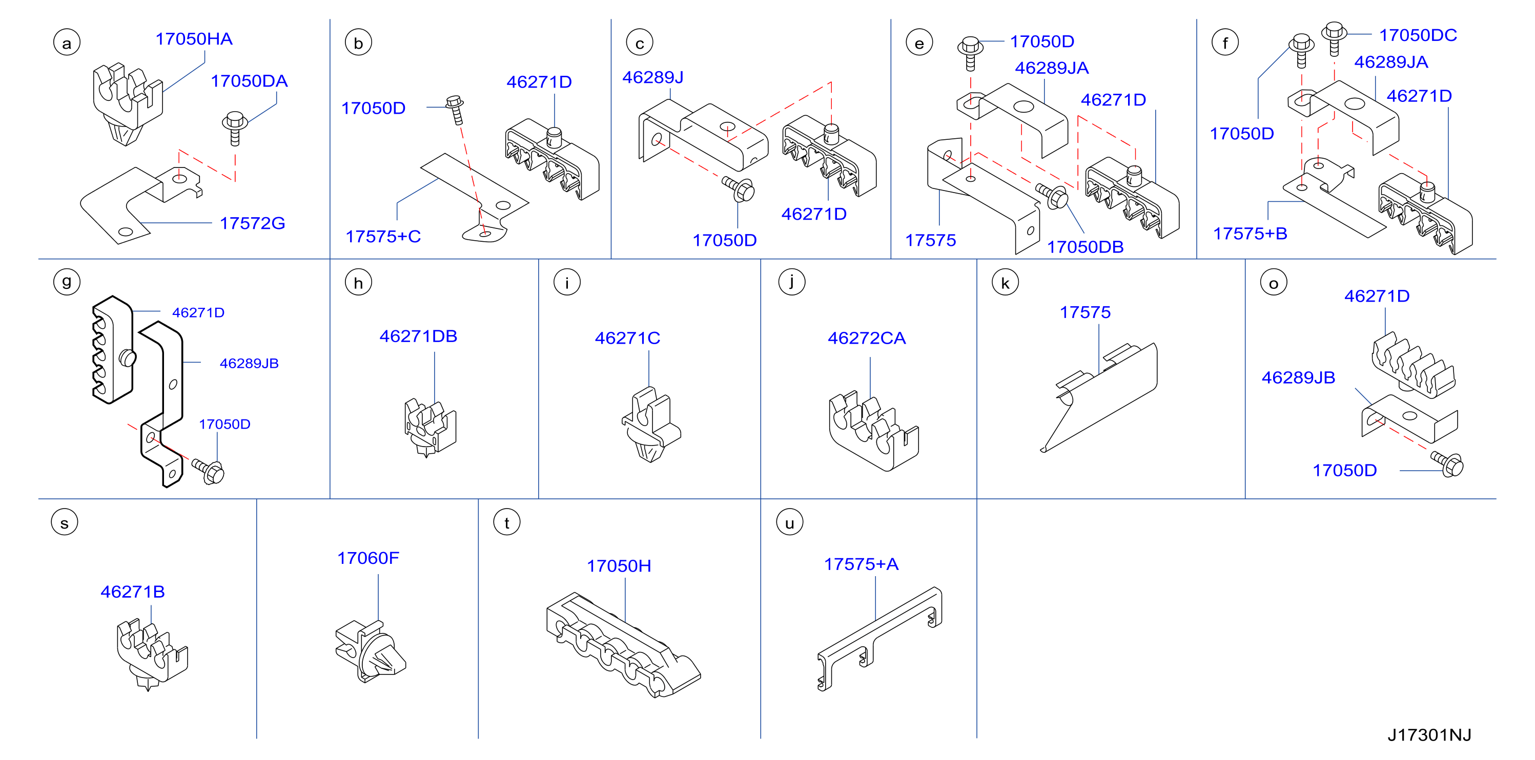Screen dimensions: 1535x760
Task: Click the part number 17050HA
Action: (x=194, y=39)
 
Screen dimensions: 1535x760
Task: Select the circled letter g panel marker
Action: (x=67, y=282)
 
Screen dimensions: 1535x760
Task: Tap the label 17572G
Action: (x=252, y=223)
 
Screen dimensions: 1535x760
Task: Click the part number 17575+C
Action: (x=383, y=237)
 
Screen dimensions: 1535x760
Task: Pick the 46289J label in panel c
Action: (x=652, y=77)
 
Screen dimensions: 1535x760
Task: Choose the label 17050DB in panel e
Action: (x=1085, y=247)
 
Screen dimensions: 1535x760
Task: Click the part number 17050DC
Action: (x=1418, y=35)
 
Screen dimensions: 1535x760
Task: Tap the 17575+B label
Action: (x=1250, y=234)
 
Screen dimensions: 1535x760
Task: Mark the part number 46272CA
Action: (x=867, y=339)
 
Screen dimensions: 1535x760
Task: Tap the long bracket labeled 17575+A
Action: (x=879, y=639)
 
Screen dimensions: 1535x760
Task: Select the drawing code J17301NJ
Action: (x=1429, y=735)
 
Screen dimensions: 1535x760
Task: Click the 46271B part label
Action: (x=132, y=592)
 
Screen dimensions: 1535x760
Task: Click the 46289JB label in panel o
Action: (x=1298, y=377)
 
